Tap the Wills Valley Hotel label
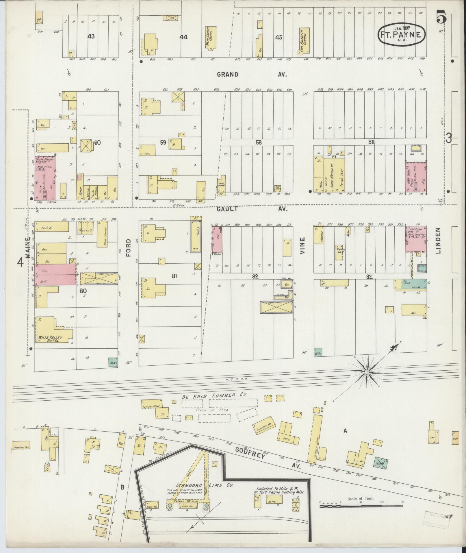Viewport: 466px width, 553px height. pos(48,339)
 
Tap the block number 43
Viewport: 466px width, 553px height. pos(92,36)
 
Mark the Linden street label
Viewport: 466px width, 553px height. pos(438,241)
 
